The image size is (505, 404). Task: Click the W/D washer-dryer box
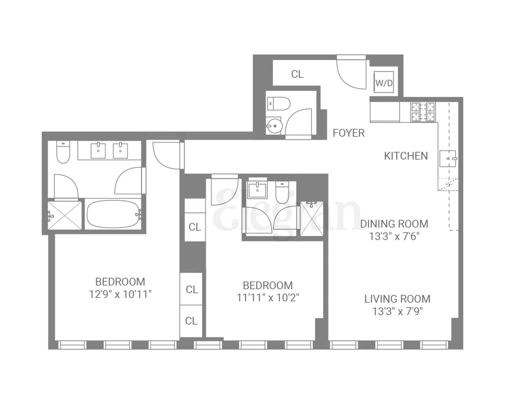383,83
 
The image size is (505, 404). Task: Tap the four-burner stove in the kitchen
423,112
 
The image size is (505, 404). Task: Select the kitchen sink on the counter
448,158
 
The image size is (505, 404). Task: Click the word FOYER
348,133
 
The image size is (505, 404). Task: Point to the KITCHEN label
406,156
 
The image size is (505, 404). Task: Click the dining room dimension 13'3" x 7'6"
394,236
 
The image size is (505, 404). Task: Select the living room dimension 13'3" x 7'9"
397,311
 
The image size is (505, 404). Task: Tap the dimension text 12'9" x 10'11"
120,294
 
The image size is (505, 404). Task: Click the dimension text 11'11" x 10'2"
268,298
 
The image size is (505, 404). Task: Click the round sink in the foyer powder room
274,125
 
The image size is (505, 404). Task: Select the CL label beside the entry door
297,74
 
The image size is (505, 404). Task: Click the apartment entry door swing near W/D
351,74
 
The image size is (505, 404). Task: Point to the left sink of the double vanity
98,150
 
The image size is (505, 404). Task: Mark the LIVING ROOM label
397,299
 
